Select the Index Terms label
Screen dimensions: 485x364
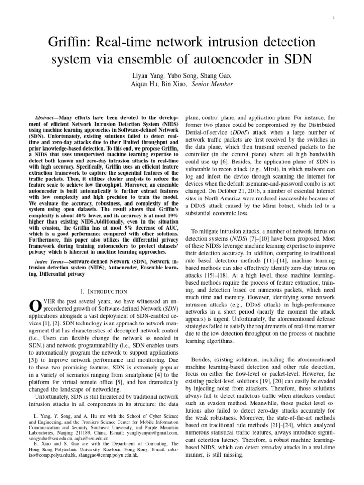click(x=52, y=262)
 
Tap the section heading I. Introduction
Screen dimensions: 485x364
click(x=103, y=291)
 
